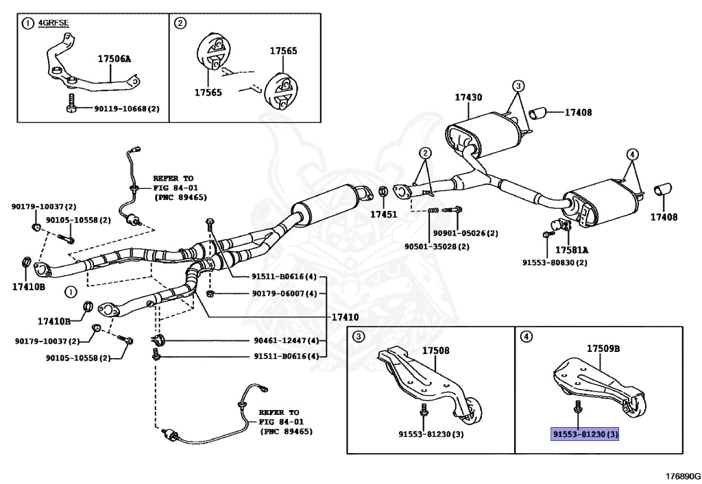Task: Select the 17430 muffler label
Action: (x=468, y=98)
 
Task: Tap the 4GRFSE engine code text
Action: (x=53, y=23)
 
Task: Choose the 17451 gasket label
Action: (x=384, y=214)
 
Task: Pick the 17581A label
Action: (x=572, y=250)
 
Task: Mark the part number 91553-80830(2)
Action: (x=555, y=262)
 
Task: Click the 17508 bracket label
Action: (x=435, y=351)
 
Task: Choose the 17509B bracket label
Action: (x=603, y=348)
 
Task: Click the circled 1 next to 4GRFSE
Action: (x=27, y=23)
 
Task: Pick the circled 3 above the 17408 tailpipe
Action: (x=518, y=86)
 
